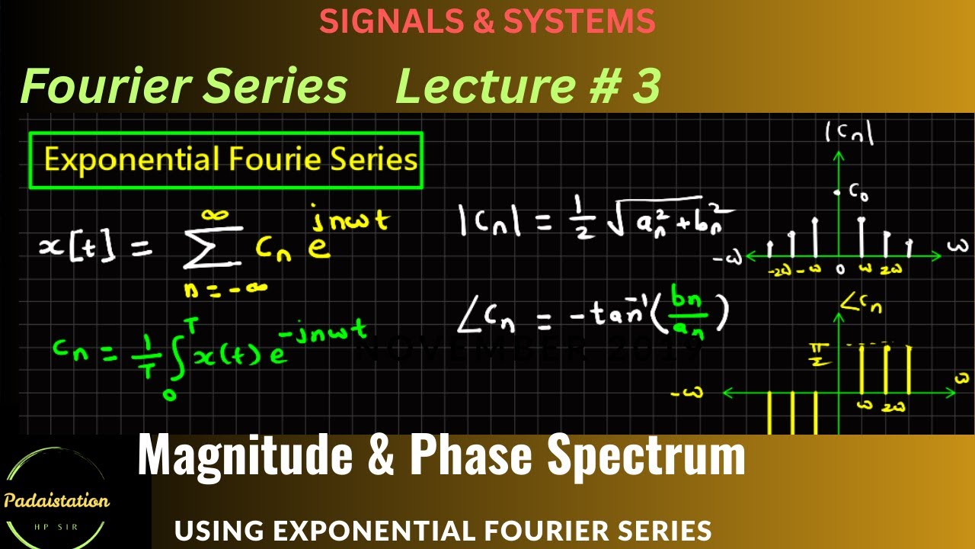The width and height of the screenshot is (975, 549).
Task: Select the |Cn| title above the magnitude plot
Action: point(849,134)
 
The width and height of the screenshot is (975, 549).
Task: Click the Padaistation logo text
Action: point(56,501)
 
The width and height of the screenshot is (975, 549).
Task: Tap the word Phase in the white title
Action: point(472,456)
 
